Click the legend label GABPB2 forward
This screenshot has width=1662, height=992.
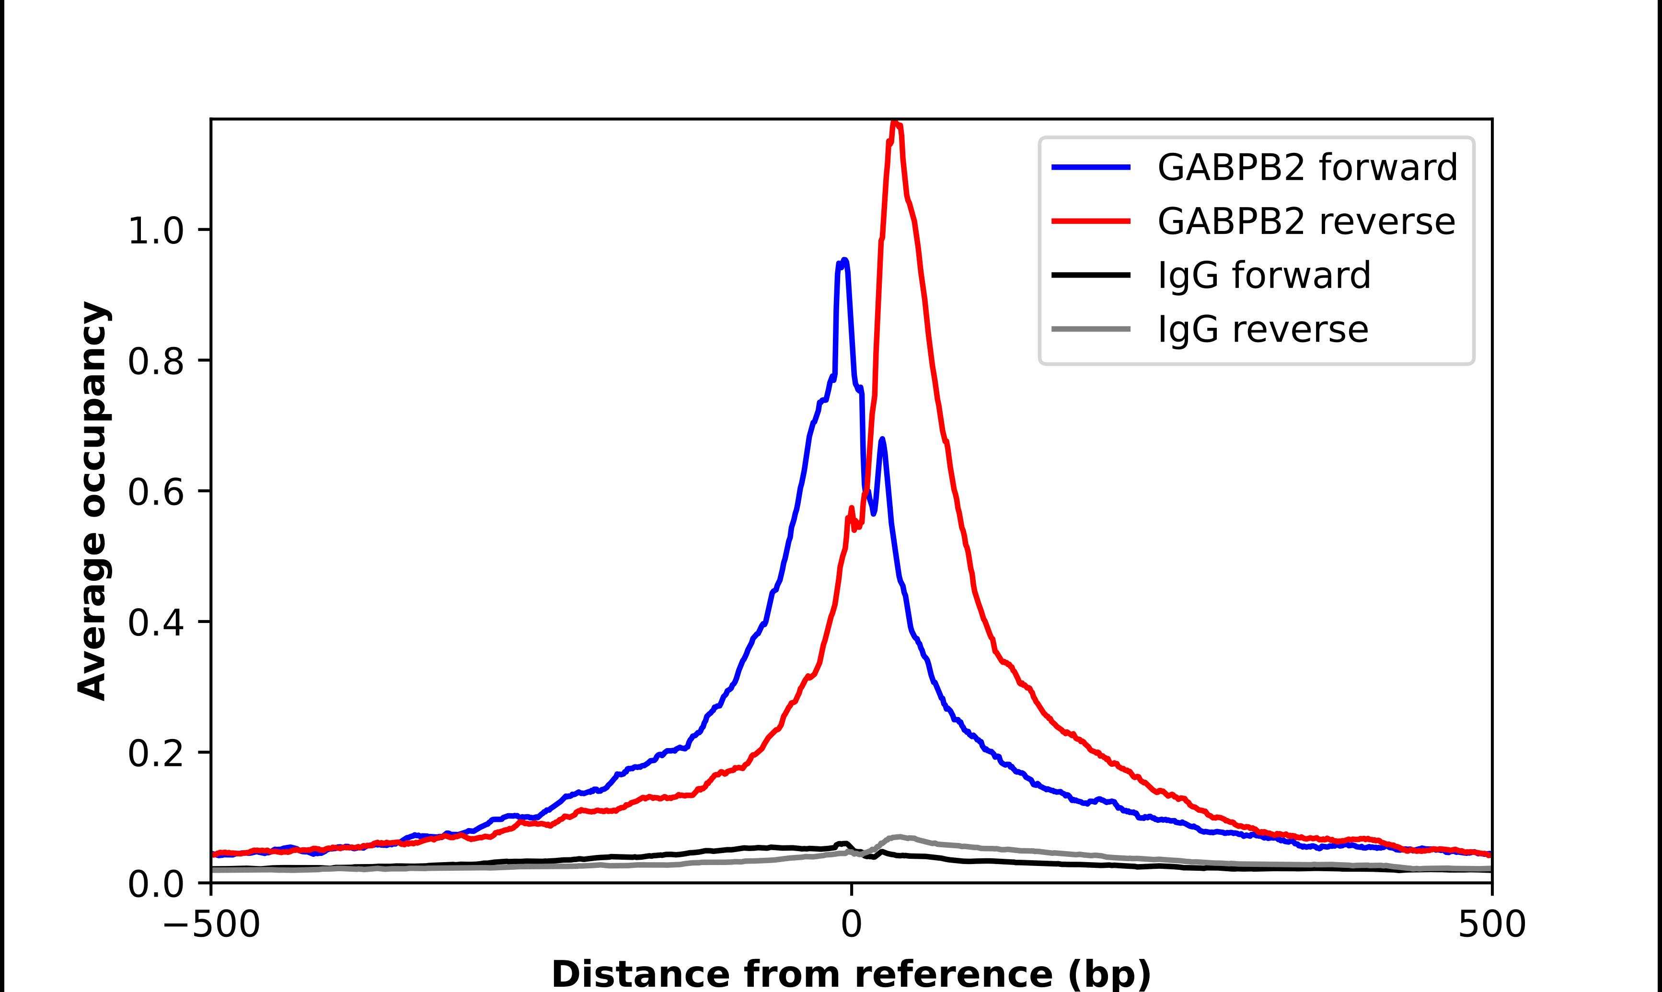[1307, 168]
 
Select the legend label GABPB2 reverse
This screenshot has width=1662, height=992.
[1306, 222]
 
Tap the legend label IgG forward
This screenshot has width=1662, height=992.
[1264, 276]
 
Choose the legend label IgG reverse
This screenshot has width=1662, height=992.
[1262, 330]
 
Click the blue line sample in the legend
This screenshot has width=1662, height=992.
[1091, 168]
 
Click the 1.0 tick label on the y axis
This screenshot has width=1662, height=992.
[155, 232]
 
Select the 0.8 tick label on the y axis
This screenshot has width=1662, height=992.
[155, 362]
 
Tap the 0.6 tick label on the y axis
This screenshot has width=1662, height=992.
[155, 493]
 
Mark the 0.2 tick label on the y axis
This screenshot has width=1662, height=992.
[155, 755]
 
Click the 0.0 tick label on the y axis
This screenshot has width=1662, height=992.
[155, 885]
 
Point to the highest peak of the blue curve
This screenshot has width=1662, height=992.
[843, 261]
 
